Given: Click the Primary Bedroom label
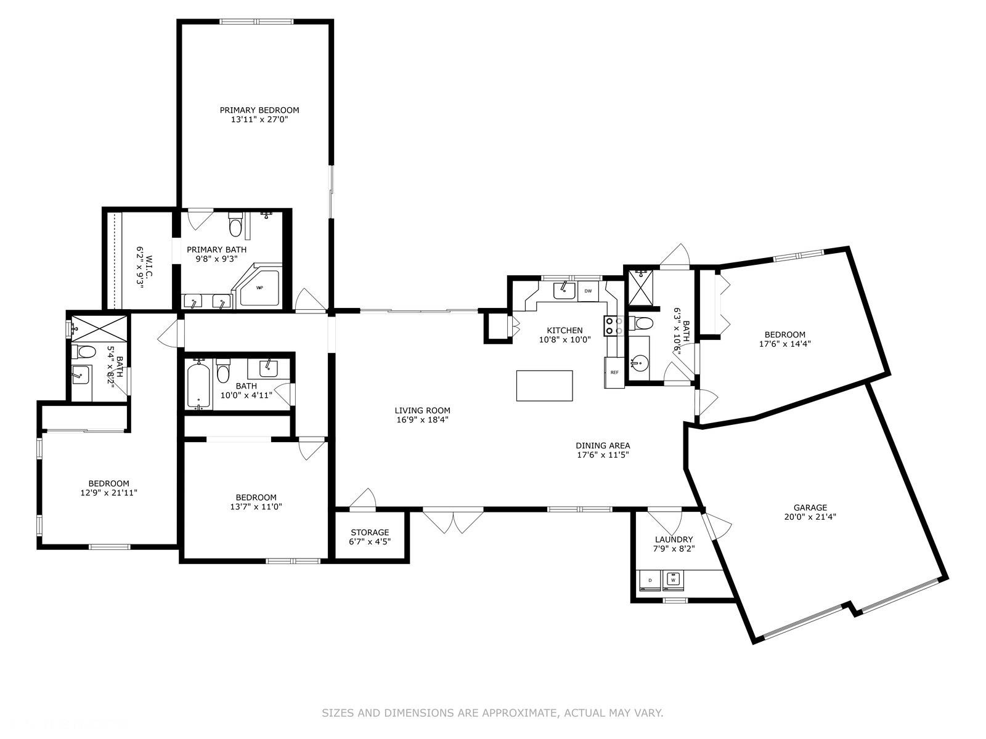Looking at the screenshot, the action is [259, 110].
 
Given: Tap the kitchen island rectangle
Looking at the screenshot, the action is [544, 386].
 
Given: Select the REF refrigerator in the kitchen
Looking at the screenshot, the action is [614, 373].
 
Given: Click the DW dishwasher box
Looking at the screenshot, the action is [588, 291].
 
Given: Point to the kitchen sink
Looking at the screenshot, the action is [564, 290].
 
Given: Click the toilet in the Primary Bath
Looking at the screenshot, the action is [235, 224].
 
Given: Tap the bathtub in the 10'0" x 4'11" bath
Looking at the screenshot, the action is [198, 384].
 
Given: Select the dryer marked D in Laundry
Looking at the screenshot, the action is [650, 579].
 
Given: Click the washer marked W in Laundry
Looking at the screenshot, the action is [673, 579].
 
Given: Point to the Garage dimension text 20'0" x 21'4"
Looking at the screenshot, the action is [810, 517].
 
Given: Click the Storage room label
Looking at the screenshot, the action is [370, 532].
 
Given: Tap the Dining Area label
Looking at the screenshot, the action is [603, 445].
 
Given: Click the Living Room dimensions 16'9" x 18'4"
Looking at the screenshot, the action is [422, 420].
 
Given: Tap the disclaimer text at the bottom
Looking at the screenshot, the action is [492, 713].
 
